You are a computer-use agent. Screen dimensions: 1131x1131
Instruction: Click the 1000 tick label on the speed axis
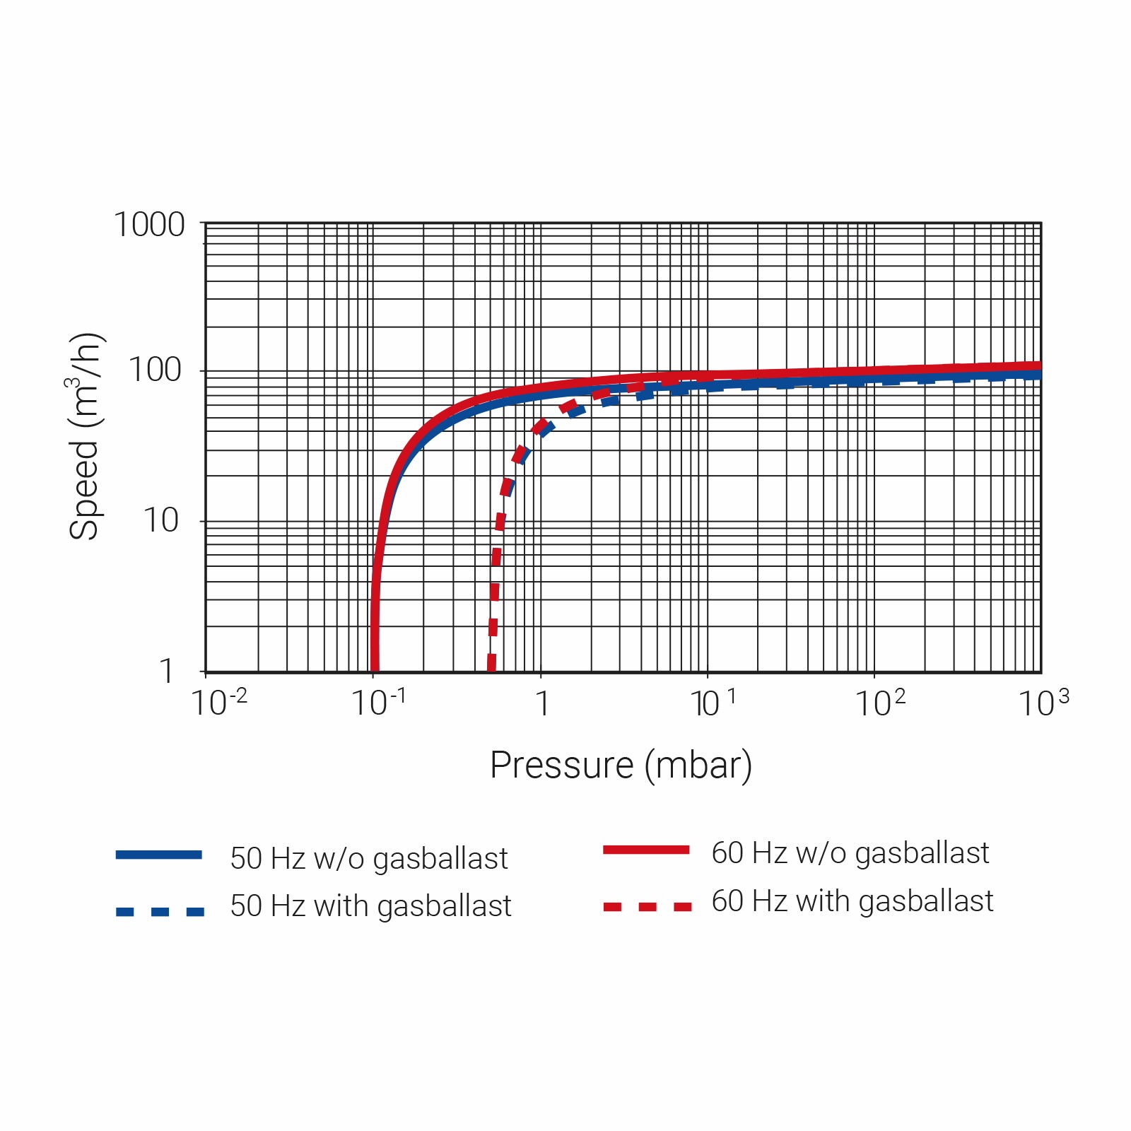[x=149, y=225]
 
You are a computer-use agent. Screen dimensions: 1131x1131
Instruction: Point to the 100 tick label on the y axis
[x=155, y=370]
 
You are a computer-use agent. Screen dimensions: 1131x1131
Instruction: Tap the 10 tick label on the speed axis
[x=161, y=521]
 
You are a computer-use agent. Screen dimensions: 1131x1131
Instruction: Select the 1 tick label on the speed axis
[x=167, y=671]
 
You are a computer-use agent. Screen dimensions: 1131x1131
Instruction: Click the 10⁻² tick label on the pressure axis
[x=219, y=703]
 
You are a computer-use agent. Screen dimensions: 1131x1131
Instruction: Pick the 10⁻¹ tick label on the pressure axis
[x=379, y=703]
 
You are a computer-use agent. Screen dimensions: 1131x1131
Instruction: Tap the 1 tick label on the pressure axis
[x=542, y=703]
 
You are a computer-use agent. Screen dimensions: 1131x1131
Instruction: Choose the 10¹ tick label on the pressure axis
[x=713, y=703]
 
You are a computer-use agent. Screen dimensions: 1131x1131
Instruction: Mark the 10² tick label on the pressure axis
[x=880, y=703]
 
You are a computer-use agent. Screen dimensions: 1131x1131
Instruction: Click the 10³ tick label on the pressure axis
[x=1043, y=703]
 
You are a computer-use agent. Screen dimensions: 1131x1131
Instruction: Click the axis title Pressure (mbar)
[x=621, y=766]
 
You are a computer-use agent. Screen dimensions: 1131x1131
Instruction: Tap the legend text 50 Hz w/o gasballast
[x=369, y=859]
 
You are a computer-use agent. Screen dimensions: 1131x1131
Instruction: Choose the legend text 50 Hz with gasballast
[x=370, y=906]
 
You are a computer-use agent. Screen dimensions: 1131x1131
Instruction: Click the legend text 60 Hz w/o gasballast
[x=850, y=853]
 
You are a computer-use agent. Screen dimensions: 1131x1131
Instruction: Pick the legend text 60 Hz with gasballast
[x=852, y=901]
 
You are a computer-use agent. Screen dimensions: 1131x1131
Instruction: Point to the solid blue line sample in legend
[x=159, y=855]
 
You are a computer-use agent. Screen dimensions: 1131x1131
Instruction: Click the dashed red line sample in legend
[x=647, y=907]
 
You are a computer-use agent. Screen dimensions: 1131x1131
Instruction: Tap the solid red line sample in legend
[x=646, y=850]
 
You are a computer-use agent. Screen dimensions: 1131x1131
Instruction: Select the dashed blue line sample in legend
[x=160, y=912]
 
